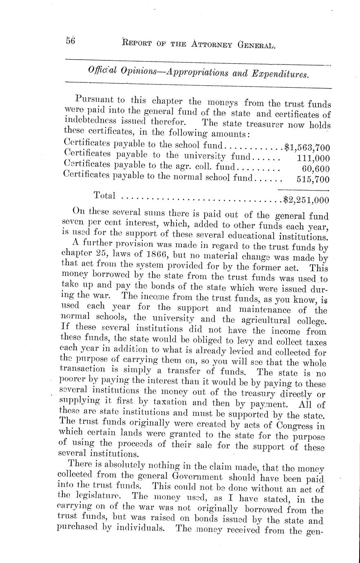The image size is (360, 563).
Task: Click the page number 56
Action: (71, 41)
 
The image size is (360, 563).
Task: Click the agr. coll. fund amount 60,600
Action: (316, 168)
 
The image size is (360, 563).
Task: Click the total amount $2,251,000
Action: (307, 200)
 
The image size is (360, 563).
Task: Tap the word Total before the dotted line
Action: (105, 195)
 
